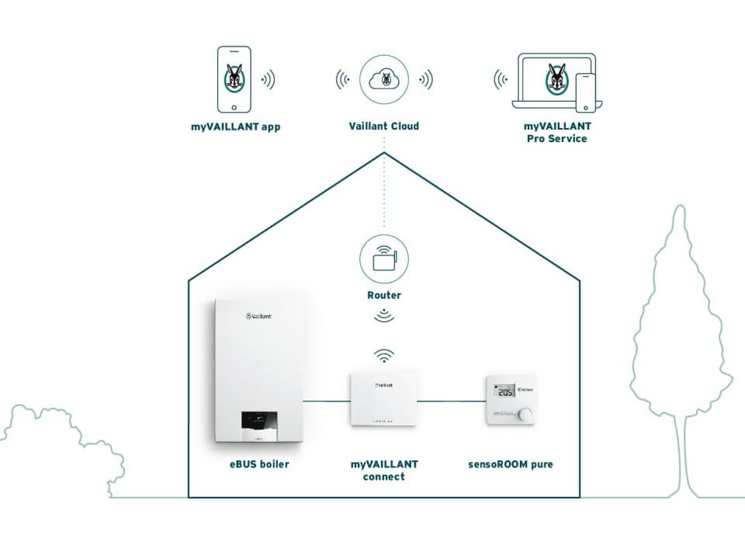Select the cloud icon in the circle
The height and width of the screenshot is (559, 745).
384,79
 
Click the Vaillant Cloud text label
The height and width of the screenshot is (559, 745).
384,126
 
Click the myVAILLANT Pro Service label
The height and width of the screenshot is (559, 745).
556,132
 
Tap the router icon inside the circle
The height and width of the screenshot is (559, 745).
384,259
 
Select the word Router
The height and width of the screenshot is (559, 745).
384,296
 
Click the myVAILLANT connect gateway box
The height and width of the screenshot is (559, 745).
383,398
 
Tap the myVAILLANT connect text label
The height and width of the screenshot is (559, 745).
384,470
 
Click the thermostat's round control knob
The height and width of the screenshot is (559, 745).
525,415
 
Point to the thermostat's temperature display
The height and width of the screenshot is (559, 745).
505,392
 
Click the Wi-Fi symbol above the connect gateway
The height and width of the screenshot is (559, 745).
384,356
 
